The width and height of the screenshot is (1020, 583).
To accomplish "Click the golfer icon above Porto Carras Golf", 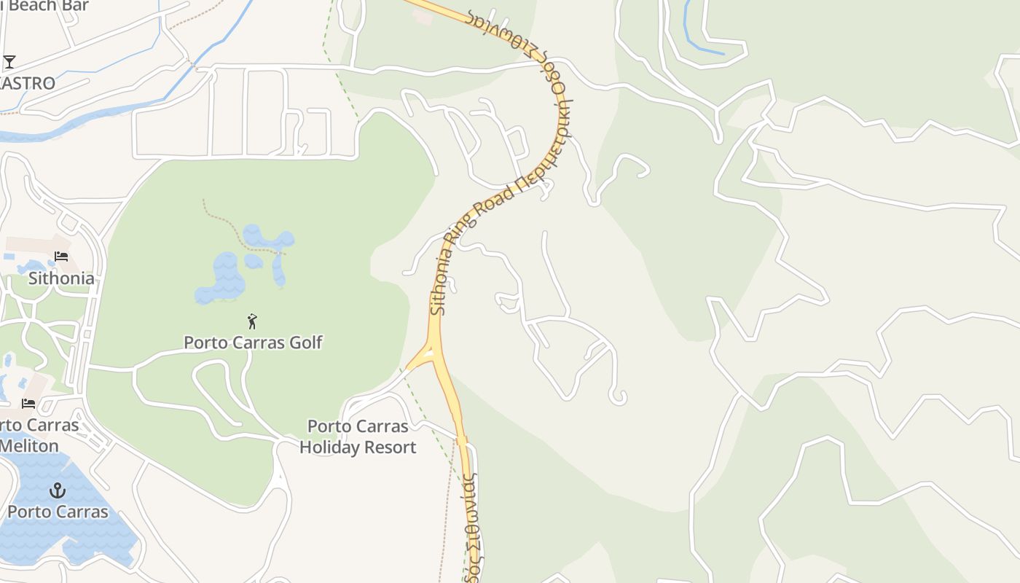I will click(253, 321).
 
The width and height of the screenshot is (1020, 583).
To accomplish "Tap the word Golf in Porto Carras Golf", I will click(303, 343).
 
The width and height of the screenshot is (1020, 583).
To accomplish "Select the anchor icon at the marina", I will click(57, 490).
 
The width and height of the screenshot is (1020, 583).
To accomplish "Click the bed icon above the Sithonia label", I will click(61, 257).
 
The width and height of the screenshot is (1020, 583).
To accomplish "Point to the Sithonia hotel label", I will click(61, 278).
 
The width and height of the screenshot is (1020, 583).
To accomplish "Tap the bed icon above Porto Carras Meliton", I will click(28, 403).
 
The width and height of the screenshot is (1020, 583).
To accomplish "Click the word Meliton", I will click(29, 445).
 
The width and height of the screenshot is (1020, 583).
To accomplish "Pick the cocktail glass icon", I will click(9, 62).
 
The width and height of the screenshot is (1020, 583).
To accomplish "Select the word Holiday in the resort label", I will click(331, 447).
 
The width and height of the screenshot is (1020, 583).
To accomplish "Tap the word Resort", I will click(392, 447).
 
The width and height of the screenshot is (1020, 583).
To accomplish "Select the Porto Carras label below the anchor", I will click(58, 512).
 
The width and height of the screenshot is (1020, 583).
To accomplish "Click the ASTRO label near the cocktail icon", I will click(27, 83).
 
